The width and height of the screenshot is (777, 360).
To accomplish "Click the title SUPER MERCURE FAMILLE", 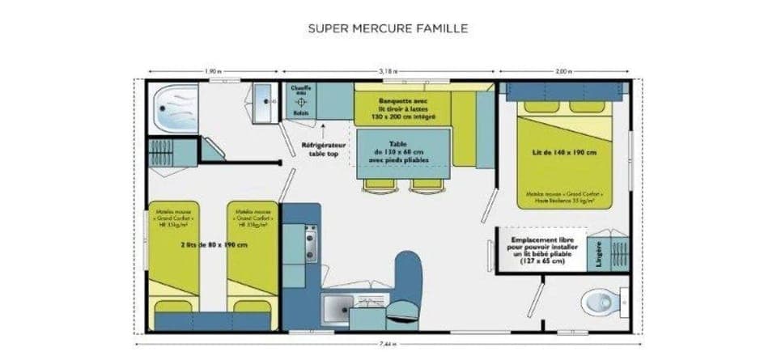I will [x=388, y=28].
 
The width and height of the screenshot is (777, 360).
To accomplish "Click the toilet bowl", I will [x=600, y=303].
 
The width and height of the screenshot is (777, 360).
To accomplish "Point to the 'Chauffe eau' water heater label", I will [x=300, y=91].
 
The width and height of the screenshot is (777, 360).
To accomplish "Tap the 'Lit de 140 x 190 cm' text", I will [x=565, y=153].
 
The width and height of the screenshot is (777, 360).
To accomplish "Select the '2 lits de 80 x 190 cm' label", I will [x=212, y=244].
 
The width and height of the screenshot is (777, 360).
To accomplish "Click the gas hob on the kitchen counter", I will [x=310, y=242].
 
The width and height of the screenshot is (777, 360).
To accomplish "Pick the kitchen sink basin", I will [x=338, y=309].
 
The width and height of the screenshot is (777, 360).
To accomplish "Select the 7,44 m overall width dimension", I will [x=388, y=343].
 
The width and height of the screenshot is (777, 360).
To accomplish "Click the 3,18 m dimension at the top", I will [x=388, y=71].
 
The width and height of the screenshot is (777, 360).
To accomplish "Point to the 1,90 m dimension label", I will [x=212, y=71].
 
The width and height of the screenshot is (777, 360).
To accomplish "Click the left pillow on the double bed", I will [x=541, y=107].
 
